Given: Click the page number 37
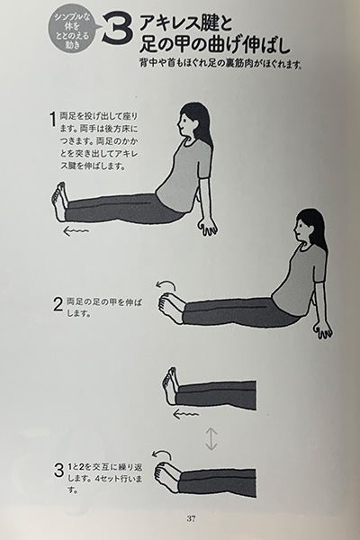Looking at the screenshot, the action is click(191, 518).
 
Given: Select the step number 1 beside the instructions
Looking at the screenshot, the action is click(53, 120).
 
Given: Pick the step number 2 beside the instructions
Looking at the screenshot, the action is click(58, 304).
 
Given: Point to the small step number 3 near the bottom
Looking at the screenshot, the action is click(58, 471).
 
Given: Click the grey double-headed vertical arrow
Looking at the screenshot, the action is click(211, 438).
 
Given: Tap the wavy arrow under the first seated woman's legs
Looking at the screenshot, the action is click(76, 231).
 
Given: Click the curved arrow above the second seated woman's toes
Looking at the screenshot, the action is click(166, 284).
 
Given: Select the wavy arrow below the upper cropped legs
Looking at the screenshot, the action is click(185, 414).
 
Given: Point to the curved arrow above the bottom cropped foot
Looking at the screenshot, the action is click(162, 454).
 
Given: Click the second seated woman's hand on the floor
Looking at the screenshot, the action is click(323, 330).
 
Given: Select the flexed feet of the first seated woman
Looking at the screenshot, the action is click(59, 202).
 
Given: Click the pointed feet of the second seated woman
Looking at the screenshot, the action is click(171, 308).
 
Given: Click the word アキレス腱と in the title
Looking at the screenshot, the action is click(185, 24).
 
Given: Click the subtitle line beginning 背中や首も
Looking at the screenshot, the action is click(220, 63).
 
